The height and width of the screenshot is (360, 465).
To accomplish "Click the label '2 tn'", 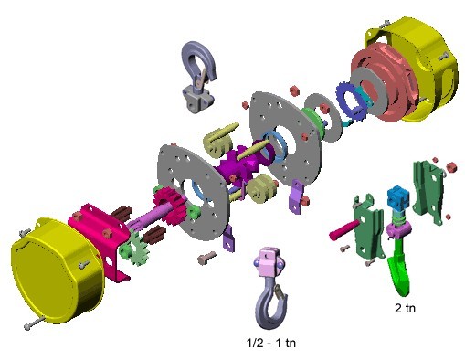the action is coord(405,308).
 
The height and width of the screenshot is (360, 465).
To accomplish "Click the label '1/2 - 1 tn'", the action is coord(271,343).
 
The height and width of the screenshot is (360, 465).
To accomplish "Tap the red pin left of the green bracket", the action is coord(344,230).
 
